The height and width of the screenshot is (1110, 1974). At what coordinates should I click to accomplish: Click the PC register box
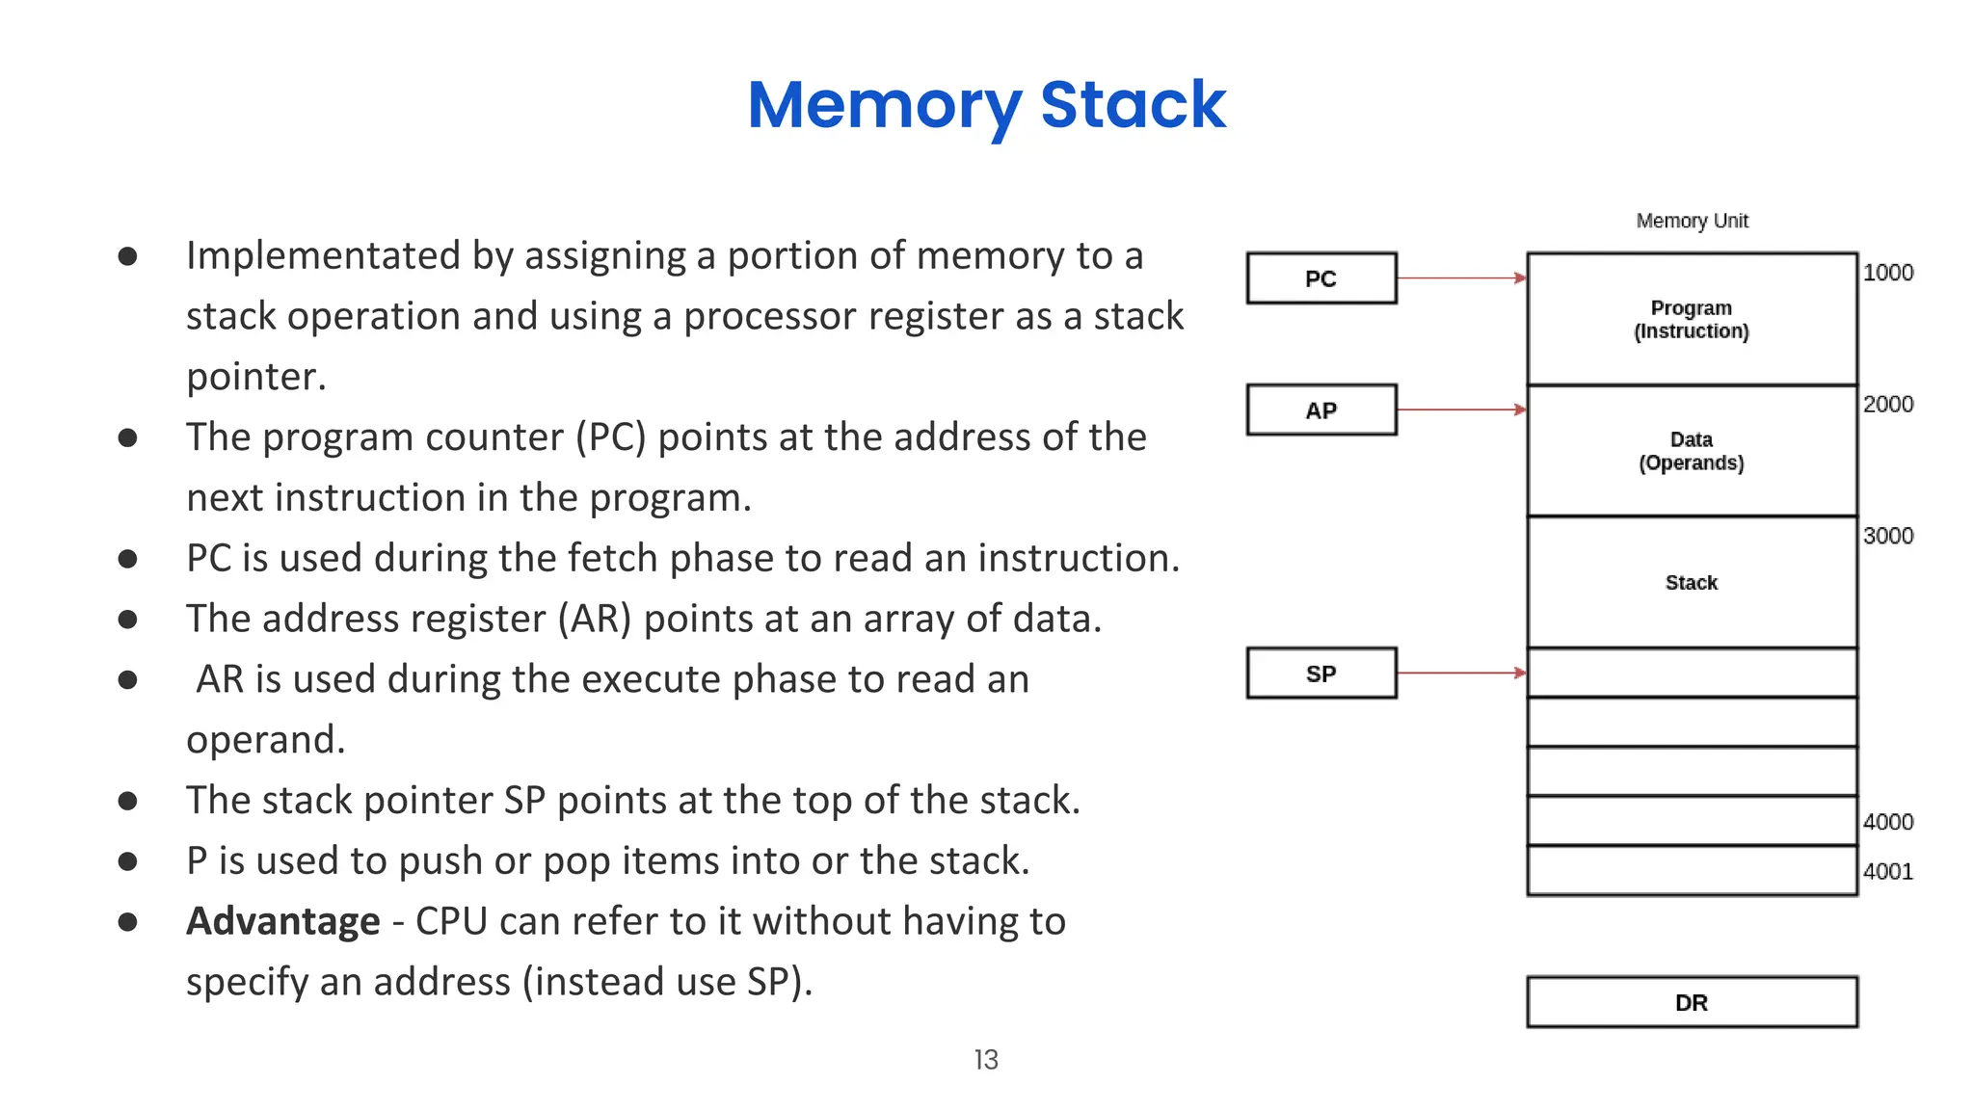(x=1320, y=278)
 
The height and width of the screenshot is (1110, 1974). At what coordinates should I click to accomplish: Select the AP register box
(x=1320, y=410)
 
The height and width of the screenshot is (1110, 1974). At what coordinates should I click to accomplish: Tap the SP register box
(x=1320, y=674)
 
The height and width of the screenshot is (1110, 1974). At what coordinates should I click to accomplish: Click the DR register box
(x=1691, y=1003)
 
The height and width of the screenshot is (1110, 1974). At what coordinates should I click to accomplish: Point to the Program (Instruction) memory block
(x=1691, y=319)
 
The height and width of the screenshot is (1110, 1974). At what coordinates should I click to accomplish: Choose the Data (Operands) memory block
(x=1691, y=451)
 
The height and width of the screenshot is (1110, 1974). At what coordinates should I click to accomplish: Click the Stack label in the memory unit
(x=1691, y=583)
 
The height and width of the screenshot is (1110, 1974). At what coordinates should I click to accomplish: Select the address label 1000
(x=1887, y=273)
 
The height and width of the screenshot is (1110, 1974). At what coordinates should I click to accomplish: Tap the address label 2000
(x=1887, y=405)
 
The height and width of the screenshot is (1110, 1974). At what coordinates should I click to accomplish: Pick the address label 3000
(x=1887, y=536)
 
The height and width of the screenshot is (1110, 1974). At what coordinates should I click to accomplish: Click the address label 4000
(x=1887, y=822)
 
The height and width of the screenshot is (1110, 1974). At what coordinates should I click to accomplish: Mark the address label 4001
(x=1887, y=872)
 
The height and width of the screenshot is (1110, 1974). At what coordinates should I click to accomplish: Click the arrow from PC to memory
(x=1460, y=278)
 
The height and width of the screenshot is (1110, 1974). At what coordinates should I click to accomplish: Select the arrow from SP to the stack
(x=1460, y=673)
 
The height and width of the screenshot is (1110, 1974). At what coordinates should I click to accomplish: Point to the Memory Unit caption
(x=1692, y=221)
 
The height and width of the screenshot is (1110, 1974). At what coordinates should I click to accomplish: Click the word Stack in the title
(x=1133, y=104)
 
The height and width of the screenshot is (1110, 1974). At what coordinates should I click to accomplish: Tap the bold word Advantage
(x=282, y=921)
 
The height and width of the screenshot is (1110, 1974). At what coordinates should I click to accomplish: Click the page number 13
(x=986, y=1060)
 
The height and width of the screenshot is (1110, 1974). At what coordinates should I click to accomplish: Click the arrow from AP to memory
(x=1460, y=410)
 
